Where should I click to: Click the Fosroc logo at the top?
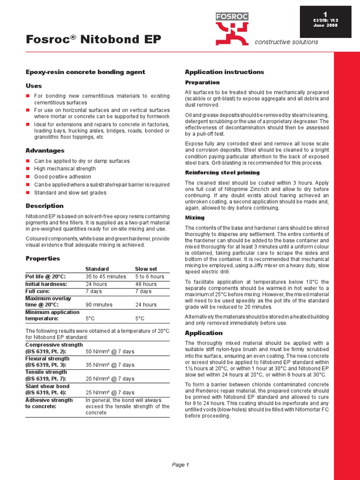(x=232, y=28)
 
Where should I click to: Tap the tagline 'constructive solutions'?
(x=286, y=42)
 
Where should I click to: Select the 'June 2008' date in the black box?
(x=325, y=25)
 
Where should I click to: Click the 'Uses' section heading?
(x=33, y=86)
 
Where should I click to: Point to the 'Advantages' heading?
(x=45, y=150)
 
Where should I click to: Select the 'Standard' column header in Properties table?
(x=97, y=269)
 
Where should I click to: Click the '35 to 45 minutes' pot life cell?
(x=105, y=277)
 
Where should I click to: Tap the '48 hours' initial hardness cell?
(x=146, y=284)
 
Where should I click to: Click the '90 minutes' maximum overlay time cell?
(x=99, y=305)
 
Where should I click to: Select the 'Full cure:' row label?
(x=38, y=292)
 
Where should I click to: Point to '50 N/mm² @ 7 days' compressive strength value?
(x=110, y=351)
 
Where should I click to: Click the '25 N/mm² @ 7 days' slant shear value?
(x=110, y=392)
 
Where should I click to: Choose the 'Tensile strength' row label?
(x=46, y=372)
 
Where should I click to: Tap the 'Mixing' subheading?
(x=195, y=217)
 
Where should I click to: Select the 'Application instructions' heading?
(x=225, y=72)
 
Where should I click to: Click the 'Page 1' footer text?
(x=180, y=465)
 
